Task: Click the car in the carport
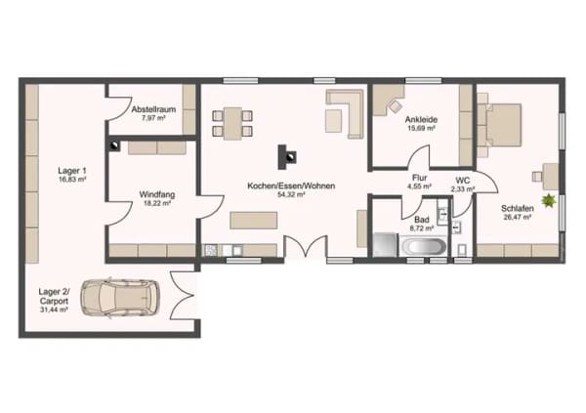coord(120,298)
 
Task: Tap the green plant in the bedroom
coord(549,201)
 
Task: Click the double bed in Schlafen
coord(500,125)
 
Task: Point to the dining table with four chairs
coord(232,123)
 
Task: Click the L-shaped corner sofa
coord(345,113)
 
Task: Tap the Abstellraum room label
coord(153,109)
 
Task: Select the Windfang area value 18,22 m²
coord(157,203)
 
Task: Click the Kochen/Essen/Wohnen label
coord(291,186)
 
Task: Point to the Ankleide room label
coord(421,119)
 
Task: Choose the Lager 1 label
coord(72,171)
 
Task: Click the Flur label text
coord(419,178)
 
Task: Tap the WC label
coord(463,181)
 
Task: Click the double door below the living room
coord(306,246)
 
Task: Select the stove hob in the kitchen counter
coord(211,250)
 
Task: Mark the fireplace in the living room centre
coord(287,157)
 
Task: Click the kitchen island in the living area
coord(254,220)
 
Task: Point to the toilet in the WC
coord(462,250)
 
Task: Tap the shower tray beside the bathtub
coord(386,245)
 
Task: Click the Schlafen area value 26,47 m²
coord(518,217)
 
